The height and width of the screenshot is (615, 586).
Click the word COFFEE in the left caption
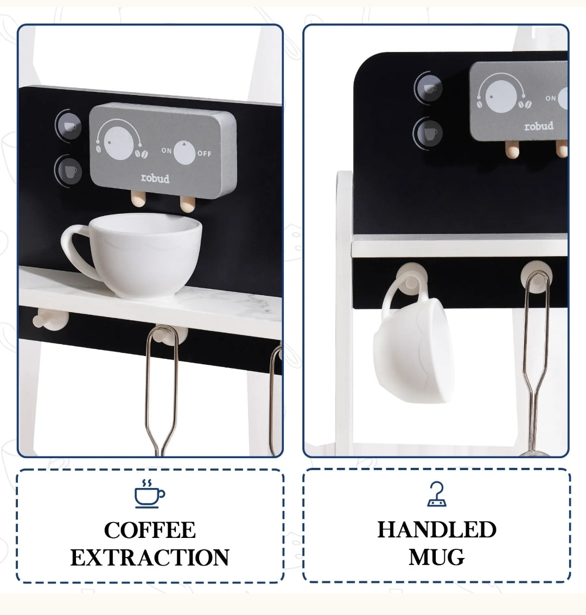(x=150, y=530)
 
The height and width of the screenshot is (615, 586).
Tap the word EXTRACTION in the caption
(x=150, y=557)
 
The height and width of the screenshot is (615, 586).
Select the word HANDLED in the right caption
(x=437, y=530)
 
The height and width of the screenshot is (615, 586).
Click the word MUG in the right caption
(x=437, y=557)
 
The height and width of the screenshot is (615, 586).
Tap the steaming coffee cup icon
(x=149, y=493)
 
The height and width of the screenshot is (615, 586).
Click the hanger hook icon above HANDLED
(x=437, y=494)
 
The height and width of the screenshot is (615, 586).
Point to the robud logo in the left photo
(x=155, y=178)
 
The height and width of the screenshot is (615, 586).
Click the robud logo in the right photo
(x=538, y=126)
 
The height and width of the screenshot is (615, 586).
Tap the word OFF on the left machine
(x=204, y=154)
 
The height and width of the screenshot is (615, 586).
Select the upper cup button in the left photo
(x=69, y=126)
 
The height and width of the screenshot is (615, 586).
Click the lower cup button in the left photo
(x=69, y=171)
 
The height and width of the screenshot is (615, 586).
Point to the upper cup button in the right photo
(x=429, y=87)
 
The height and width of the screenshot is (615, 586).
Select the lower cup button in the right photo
(x=429, y=133)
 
